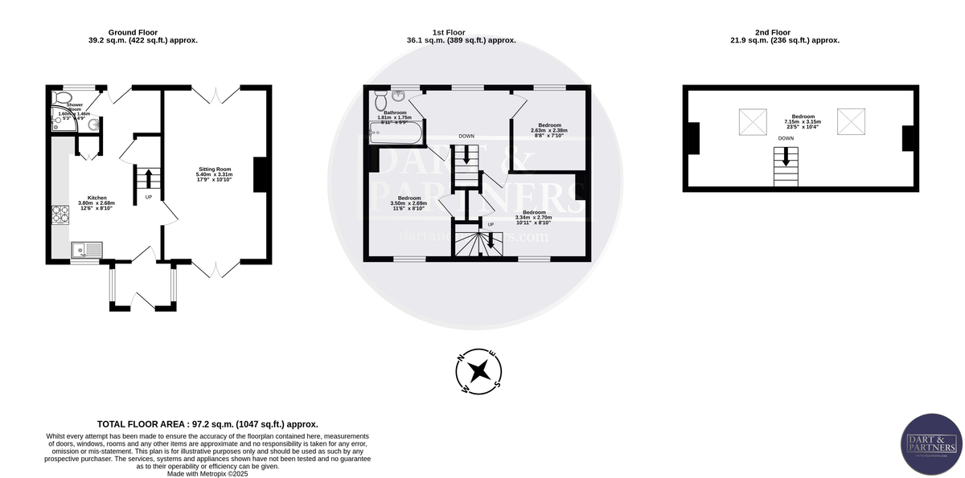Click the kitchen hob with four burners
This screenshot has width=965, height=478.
tap(60, 215)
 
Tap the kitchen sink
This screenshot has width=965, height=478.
tap(84, 251)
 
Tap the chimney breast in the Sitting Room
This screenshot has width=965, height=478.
tap(261, 175)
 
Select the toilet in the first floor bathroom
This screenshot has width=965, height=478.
tap(380, 100)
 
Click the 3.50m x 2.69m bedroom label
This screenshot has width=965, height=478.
tap(409, 203)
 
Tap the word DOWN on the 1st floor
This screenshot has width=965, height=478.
tap(466, 137)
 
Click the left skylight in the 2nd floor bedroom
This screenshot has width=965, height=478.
tap(754, 122)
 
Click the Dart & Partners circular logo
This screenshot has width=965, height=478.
tap(930, 443)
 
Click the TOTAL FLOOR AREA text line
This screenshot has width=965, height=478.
tap(207, 424)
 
